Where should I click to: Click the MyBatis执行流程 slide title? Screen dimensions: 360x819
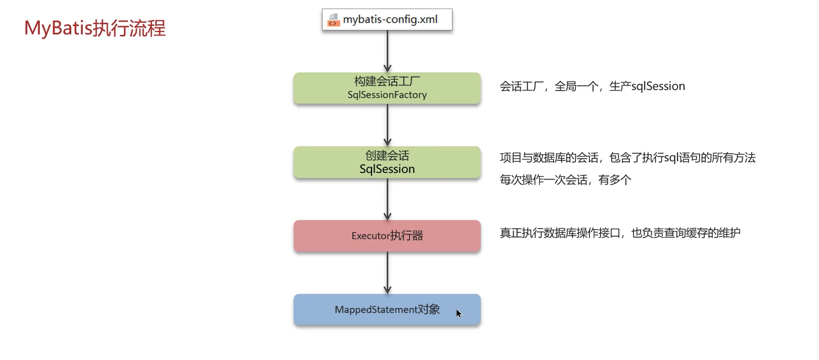[95, 28]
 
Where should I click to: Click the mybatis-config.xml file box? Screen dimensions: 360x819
[387, 20]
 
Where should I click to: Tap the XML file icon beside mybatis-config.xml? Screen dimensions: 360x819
[333, 20]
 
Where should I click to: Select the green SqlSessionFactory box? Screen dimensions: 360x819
[387, 88]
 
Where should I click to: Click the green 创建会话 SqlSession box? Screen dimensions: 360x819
[387, 162]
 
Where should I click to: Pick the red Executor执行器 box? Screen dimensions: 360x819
[387, 236]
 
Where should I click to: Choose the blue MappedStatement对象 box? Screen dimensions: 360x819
[387, 309]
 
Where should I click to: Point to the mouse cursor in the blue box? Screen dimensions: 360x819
[459, 313]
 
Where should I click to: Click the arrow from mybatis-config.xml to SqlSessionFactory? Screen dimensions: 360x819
[387, 51]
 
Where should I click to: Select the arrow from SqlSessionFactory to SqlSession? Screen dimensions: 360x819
[387, 125]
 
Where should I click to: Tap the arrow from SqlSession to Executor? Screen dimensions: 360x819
[387, 199]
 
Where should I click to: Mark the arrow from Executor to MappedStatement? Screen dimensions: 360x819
[387, 273]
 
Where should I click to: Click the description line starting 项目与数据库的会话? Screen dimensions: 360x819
[627, 158]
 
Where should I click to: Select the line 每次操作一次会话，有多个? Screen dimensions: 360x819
[565, 180]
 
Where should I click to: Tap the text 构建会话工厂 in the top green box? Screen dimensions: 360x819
[387, 81]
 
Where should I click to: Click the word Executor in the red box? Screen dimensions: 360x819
[371, 236]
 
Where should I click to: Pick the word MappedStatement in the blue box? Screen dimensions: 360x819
[376, 309]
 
